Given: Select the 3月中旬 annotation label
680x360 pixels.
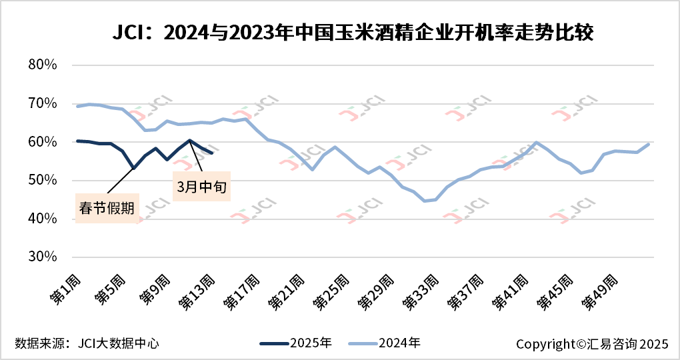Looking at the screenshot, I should point(201,187).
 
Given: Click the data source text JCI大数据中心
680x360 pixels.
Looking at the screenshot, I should point(87,344).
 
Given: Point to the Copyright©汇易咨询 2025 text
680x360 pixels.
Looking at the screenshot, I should point(591,344).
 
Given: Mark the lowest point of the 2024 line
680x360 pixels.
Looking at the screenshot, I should point(425,201).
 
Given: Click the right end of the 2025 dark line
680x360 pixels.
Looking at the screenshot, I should point(212,153).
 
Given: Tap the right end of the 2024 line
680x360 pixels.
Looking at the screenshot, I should point(649,144).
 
